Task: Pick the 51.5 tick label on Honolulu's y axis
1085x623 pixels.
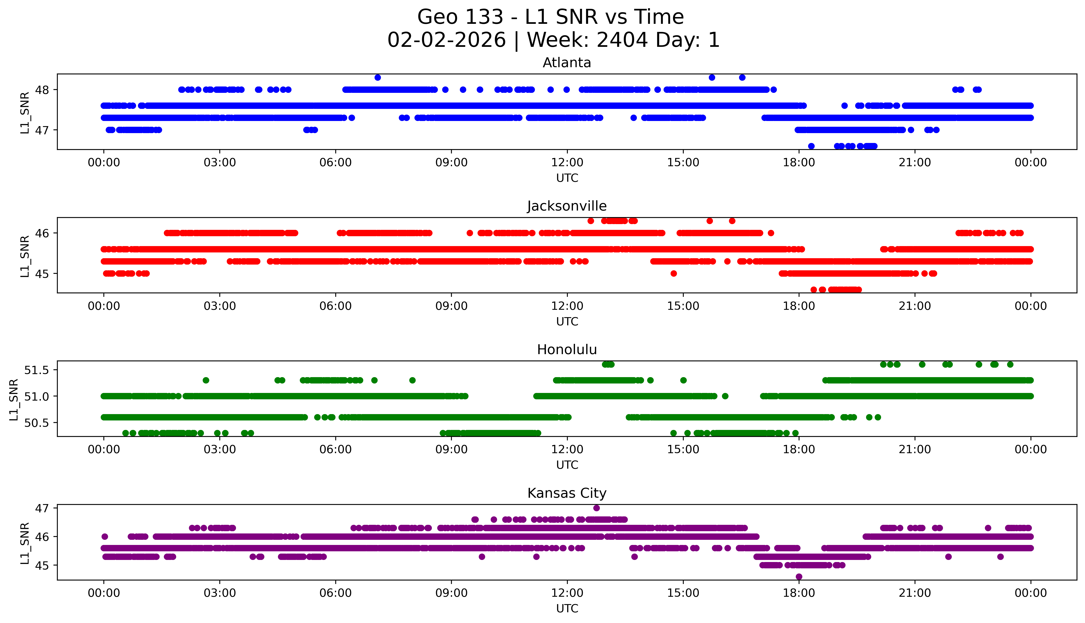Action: pos(37,370)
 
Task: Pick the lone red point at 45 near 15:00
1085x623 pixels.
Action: pos(673,273)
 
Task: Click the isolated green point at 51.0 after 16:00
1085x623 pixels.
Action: pos(725,396)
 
